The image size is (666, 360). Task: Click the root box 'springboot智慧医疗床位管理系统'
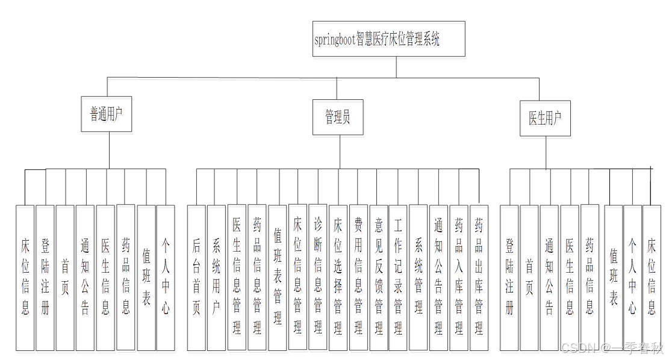pyautogui.click(x=388, y=40)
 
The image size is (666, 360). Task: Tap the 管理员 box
pyautogui.click(x=338, y=117)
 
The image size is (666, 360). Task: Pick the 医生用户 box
pyautogui.click(x=545, y=118)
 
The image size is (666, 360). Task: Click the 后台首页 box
pyautogui.click(x=196, y=278)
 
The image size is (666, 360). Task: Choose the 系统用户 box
pyautogui.click(x=216, y=278)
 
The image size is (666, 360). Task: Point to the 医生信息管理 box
pyautogui.click(x=237, y=278)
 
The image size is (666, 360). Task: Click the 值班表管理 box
pyautogui.click(x=277, y=278)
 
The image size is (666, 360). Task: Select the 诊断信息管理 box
pyautogui.click(x=318, y=277)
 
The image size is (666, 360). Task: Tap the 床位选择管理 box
pyautogui.click(x=338, y=278)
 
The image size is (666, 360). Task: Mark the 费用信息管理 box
pyautogui.click(x=358, y=278)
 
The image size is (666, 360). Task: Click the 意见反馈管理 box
pyautogui.click(x=379, y=278)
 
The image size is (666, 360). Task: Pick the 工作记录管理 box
pyautogui.click(x=398, y=278)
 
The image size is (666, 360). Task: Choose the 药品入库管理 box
pyautogui.click(x=459, y=278)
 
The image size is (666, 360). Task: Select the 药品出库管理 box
pyautogui.click(x=479, y=278)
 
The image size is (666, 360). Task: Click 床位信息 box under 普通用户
pyautogui.click(x=25, y=278)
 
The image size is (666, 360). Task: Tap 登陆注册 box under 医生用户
pyautogui.click(x=509, y=278)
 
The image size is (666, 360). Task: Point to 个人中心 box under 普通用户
pyautogui.click(x=166, y=278)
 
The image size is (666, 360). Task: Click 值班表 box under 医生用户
pyautogui.click(x=613, y=278)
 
